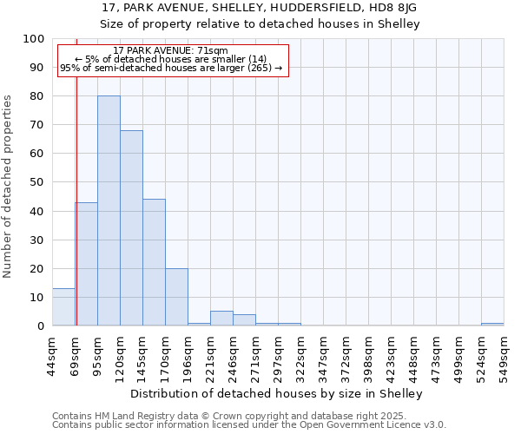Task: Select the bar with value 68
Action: [131, 228]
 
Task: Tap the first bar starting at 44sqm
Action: [63, 307]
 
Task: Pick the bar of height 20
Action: [176, 297]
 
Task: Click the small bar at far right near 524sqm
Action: [492, 324]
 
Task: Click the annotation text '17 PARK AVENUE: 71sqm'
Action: [170, 51]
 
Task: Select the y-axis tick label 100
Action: [34, 39]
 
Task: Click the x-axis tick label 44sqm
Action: [53, 353]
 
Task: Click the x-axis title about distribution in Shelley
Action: [278, 393]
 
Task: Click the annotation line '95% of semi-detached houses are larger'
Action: [170, 68]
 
